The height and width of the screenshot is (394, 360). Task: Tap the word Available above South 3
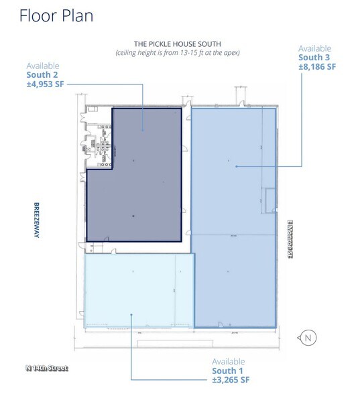pyautogui.click(x=315, y=48)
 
